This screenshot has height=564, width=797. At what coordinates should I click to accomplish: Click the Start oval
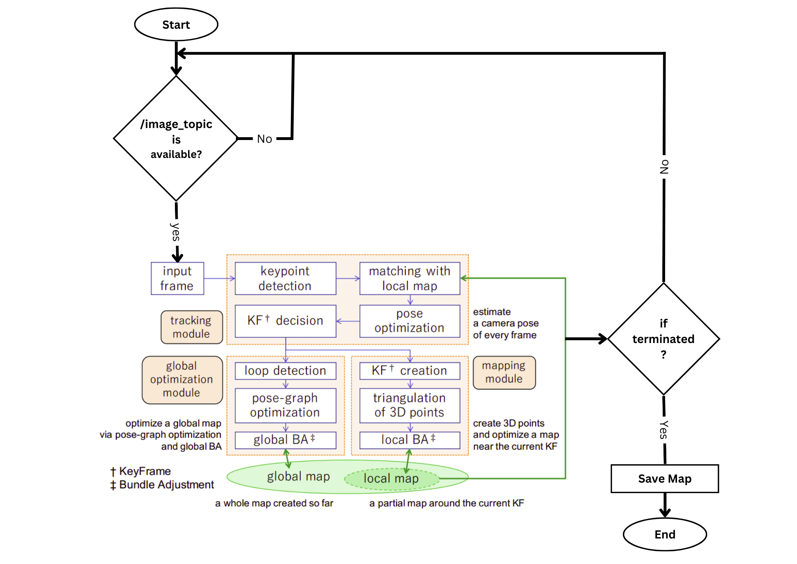coord(176,25)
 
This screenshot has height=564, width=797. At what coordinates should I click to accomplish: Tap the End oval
coord(665,534)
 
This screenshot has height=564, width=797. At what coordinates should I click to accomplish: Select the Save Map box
coord(665,478)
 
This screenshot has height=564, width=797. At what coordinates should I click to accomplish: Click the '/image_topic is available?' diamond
coord(176,138)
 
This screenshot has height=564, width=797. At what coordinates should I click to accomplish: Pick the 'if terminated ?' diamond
coord(663,339)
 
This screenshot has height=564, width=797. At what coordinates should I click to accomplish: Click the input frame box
coord(177,278)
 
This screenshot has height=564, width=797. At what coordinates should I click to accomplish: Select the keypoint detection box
coord(285,278)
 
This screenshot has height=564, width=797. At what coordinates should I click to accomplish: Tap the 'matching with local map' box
coord(410,278)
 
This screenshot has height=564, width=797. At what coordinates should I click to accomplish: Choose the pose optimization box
coord(410,321)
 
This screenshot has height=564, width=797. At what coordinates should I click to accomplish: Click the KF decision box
coord(285,321)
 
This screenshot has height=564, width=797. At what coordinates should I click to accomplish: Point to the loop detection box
coord(285,371)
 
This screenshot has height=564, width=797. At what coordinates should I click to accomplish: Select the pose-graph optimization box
coord(285,405)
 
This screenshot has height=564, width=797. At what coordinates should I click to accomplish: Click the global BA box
coord(285,440)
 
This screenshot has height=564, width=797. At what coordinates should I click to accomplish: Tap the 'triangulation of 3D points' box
coord(410,405)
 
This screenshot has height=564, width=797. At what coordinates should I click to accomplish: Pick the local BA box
coord(410,440)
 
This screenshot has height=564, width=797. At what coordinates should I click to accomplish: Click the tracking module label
coord(192,327)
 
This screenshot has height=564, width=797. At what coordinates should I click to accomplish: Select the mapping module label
coord(504,373)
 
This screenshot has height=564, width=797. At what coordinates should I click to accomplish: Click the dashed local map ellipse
coord(391,479)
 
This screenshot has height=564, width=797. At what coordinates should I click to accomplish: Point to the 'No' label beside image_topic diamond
coord(265,139)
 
